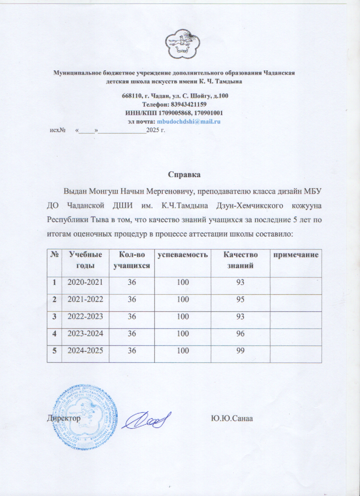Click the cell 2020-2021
pyautogui.click(x=85, y=282)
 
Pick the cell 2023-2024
pyautogui.click(x=85, y=333)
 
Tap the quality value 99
pyautogui.click(x=241, y=350)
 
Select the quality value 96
pyautogui.click(x=241, y=333)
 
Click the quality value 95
pyautogui.click(x=241, y=299)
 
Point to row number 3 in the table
pyautogui.click(x=54, y=316)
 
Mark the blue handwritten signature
pyautogui.click(x=147, y=420)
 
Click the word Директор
pyautogui.click(x=64, y=418)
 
